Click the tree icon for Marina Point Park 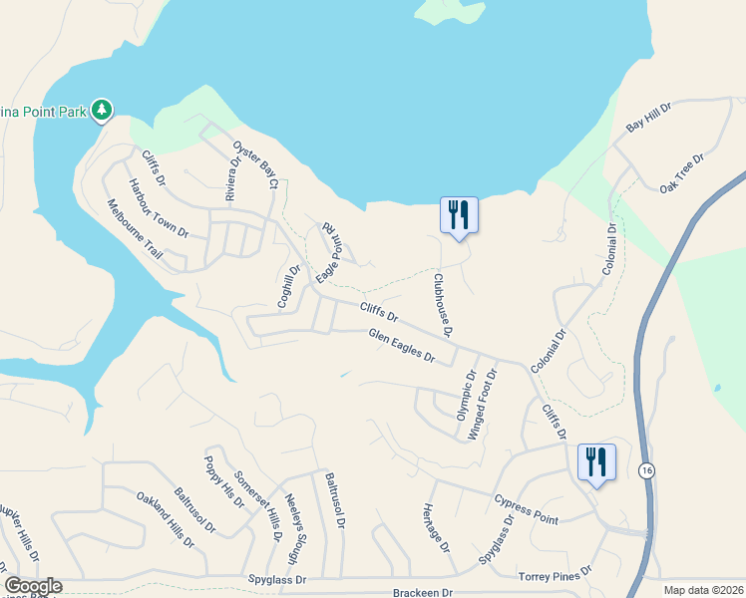tap(101, 109)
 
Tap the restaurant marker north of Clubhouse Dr tap(459, 214)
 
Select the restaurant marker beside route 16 tap(596, 461)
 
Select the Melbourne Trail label tap(134, 229)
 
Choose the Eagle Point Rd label tap(330, 251)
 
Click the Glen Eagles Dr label tap(402, 346)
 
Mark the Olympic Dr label tap(465, 394)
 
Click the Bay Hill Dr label tap(650, 117)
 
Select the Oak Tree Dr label tap(682, 172)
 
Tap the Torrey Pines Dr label tap(555, 575)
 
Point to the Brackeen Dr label tap(423, 592)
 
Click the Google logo tap(33, 586)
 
